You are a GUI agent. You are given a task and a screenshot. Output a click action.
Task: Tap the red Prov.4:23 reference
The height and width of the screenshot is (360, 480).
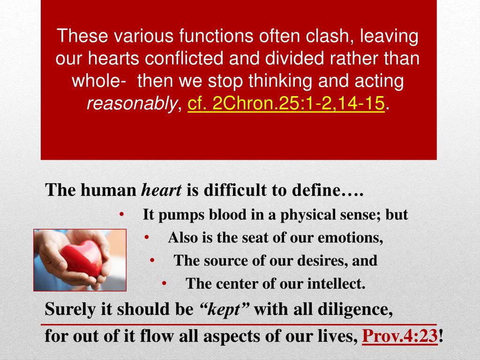point(401,336)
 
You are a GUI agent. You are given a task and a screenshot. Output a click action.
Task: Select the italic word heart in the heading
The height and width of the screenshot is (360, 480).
point(161,190)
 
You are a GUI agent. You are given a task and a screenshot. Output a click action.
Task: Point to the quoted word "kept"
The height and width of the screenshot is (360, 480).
point(225,309)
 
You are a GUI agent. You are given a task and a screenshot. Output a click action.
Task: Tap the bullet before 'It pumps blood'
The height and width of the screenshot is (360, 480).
point(122,214)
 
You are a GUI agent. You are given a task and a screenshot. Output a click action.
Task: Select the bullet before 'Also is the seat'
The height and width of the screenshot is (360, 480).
point(147,237)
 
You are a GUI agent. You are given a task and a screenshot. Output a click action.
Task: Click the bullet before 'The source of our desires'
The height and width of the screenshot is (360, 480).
point(153,260)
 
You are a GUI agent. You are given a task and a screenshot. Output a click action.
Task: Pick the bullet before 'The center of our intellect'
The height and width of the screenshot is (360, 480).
point(165,283)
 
